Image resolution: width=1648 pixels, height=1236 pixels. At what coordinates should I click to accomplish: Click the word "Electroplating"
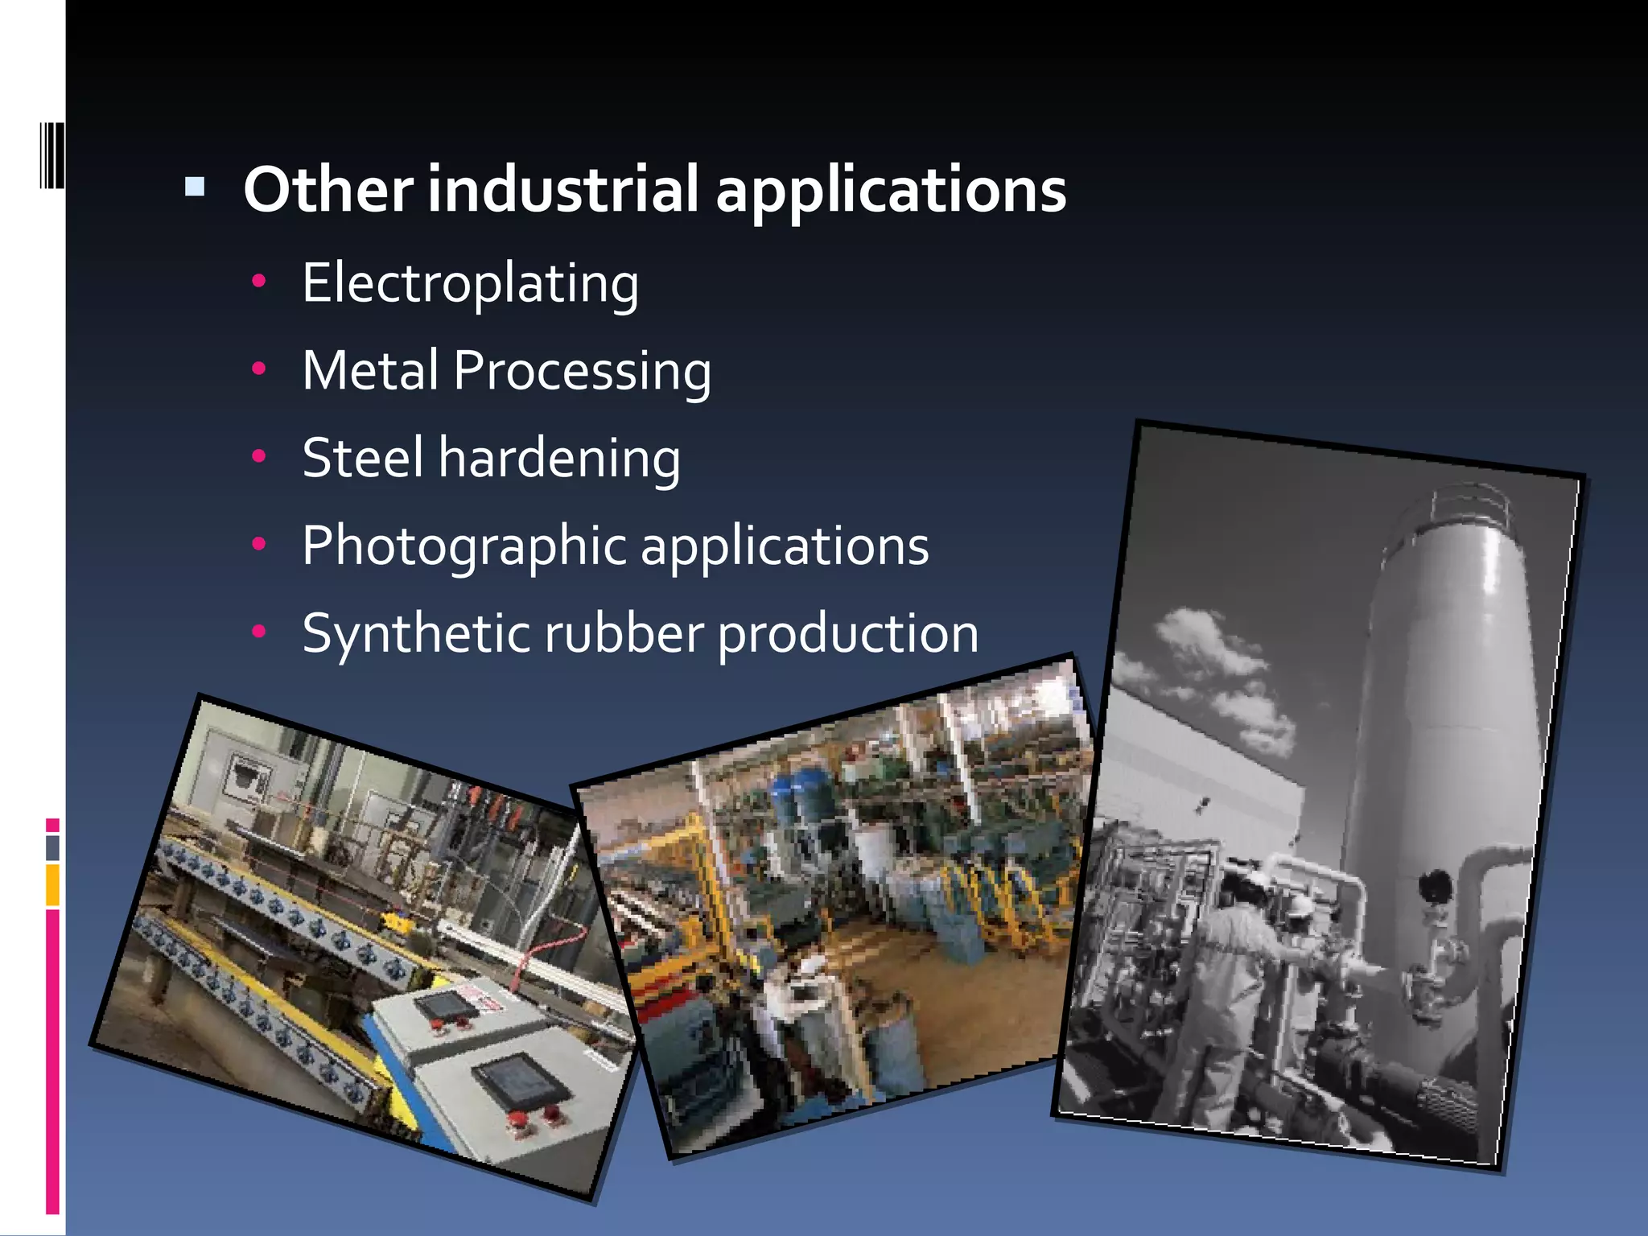point(471,283)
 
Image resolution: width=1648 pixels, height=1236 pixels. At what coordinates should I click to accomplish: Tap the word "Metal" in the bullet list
point(370,371)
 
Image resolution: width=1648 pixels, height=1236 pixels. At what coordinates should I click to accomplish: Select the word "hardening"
point(559,459)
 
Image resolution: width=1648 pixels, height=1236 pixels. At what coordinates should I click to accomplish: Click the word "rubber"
point(624,633)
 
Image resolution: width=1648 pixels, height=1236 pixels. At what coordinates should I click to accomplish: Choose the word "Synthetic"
point(416,634)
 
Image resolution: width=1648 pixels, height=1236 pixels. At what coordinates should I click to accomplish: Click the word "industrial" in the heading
point(562,190)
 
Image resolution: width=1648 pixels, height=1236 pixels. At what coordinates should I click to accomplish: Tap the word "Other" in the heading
point(328,190)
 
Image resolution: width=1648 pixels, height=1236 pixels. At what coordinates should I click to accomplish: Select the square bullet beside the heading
point(195,188)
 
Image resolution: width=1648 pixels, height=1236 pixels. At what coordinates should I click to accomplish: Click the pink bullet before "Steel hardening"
point(258,456)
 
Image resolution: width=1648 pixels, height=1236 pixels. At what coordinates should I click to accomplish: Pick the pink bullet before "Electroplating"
point(258,281)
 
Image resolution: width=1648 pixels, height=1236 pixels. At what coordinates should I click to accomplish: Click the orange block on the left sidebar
point(52,884)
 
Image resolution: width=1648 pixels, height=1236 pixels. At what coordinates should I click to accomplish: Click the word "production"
point(848,634)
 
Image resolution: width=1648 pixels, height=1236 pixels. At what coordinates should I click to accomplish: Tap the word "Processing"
point(582,371)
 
